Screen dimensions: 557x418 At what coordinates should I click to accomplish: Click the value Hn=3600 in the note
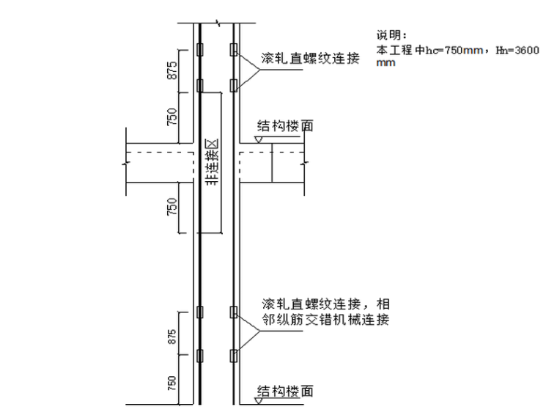(517, 50)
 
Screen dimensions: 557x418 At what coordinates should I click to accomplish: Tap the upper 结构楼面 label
(285, 126)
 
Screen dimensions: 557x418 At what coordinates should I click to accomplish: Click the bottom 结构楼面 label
(285, 392)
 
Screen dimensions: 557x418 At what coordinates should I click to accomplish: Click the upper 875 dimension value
(172, 69)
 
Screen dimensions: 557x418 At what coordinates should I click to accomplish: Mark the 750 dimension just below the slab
(172, 208)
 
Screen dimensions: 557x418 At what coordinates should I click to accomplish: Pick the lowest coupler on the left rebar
(199, 357)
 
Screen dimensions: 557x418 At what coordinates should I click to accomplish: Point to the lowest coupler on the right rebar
(234, 357)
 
